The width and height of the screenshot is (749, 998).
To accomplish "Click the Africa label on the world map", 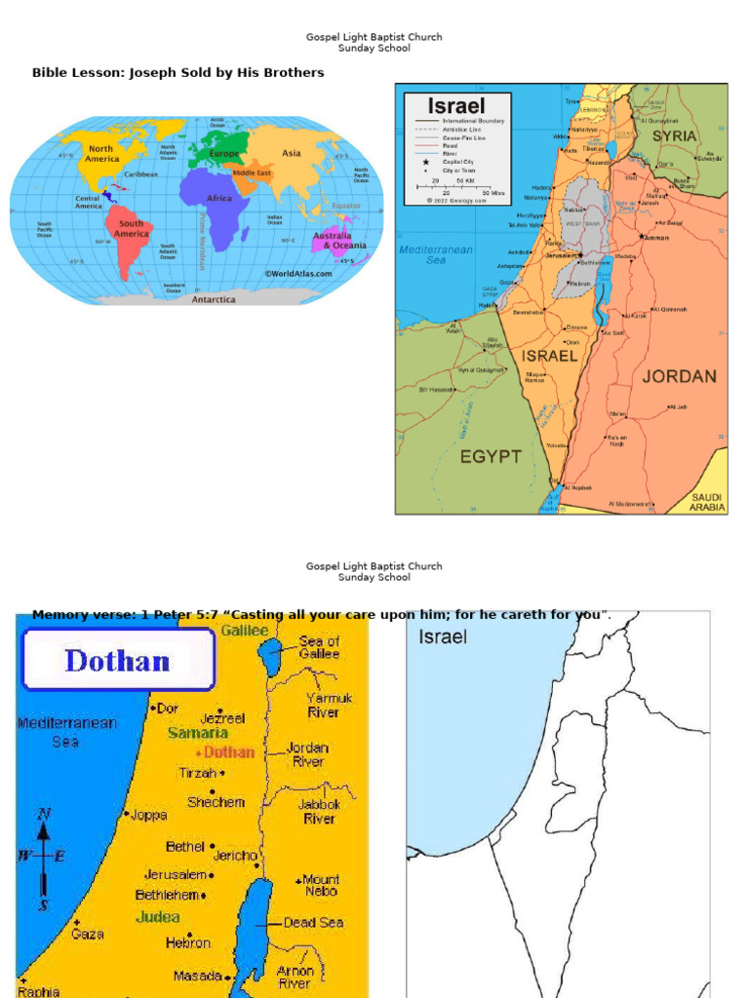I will tap(218, 198).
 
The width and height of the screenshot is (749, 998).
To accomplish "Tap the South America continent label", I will tap(131, 229).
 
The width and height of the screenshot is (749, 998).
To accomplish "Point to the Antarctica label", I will tap(213, 299).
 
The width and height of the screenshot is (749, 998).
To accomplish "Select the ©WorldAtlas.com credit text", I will tap(297, 274).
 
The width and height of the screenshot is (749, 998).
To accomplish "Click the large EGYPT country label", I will tap(490, 456).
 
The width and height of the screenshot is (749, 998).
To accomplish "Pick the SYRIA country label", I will tap(675, 135).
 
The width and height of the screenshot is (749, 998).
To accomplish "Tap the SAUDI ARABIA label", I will tap(708, 502).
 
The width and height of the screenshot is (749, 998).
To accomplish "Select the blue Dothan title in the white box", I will tap(116, 661).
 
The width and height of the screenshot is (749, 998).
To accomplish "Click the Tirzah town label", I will tap(197, 772).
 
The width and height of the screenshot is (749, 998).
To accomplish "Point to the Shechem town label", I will tap(215, 802).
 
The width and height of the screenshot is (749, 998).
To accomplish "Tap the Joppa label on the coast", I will tap(148, 815).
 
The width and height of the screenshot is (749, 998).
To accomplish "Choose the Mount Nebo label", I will tap(321, 885).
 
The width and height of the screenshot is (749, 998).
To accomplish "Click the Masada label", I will tap(197, 976).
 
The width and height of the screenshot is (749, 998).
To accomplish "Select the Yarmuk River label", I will tap(330, 706).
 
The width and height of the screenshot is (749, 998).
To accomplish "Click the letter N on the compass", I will tap(43, 815).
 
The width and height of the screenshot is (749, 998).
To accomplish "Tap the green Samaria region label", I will tap(198, 733).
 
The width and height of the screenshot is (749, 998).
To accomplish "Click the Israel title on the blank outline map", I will tap(443, 637).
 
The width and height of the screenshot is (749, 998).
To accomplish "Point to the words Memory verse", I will tap(74, 614).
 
